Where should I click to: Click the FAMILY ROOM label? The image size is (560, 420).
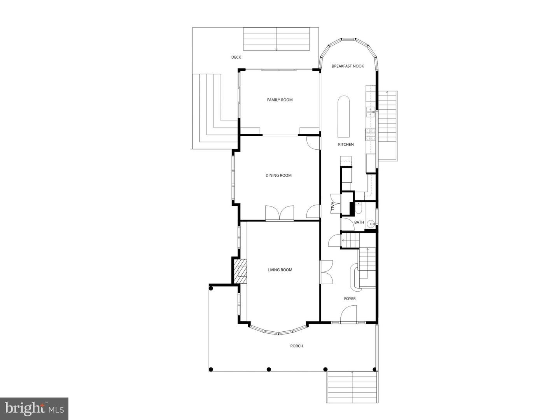[280, 100]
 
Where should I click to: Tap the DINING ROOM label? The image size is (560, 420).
[278, 175]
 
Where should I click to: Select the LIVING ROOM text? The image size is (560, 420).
[280, 270]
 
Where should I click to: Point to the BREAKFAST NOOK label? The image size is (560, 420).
[348, 66]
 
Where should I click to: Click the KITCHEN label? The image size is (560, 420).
[346, 145]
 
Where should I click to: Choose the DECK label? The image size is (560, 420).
[236, 57]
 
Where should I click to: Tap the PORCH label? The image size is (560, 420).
[296, 346]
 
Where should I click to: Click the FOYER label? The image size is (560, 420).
[350, 299]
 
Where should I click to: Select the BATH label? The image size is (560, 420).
[359, 222]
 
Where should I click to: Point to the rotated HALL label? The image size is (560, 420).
[333, 206]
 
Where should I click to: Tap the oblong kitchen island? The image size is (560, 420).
[343, 116]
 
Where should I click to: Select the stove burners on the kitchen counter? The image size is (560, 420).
[370, 134]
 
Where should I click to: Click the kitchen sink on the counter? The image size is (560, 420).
[370, 112]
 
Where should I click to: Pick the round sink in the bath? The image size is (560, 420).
[371, 224]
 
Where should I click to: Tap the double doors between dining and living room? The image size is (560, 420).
[279, 213]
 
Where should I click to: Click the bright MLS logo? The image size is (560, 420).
[34, 409]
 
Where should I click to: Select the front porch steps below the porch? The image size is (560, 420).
[352, 387]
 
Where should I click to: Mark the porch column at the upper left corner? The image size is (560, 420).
[211, 288]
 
